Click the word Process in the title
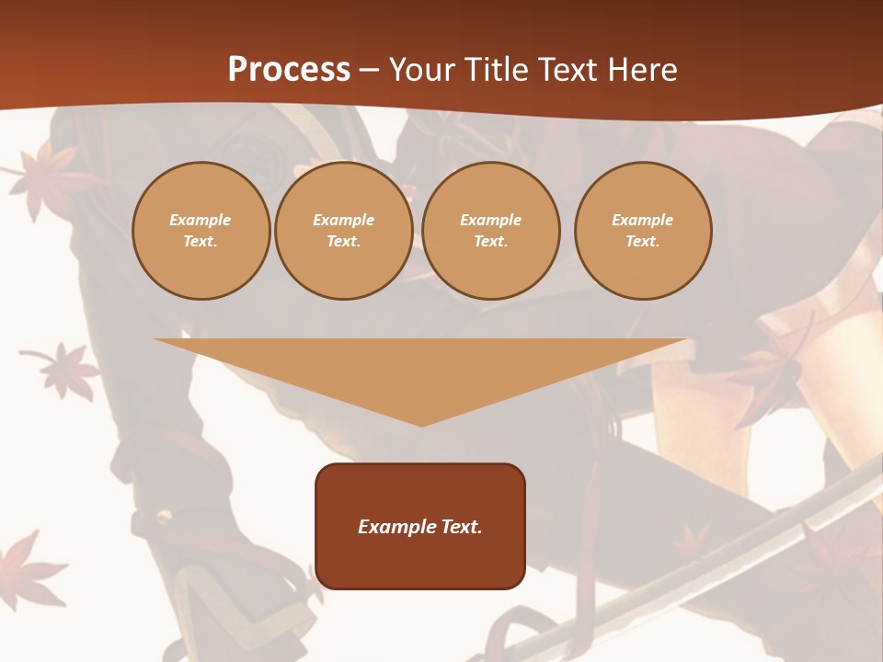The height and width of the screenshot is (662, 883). (289, 70)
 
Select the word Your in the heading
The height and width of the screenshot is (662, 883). (424, 70)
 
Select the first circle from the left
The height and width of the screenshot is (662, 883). (201, 231)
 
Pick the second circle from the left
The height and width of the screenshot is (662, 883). (344, 231)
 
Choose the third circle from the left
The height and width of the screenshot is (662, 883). (491, 231)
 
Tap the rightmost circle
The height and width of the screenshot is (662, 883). (643, 231)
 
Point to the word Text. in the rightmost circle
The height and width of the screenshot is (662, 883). (643, 242)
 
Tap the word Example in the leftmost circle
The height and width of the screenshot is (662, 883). (201, 220)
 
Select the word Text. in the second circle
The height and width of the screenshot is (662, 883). (344, 242)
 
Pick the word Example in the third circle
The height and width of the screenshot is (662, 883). (491, 220)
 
